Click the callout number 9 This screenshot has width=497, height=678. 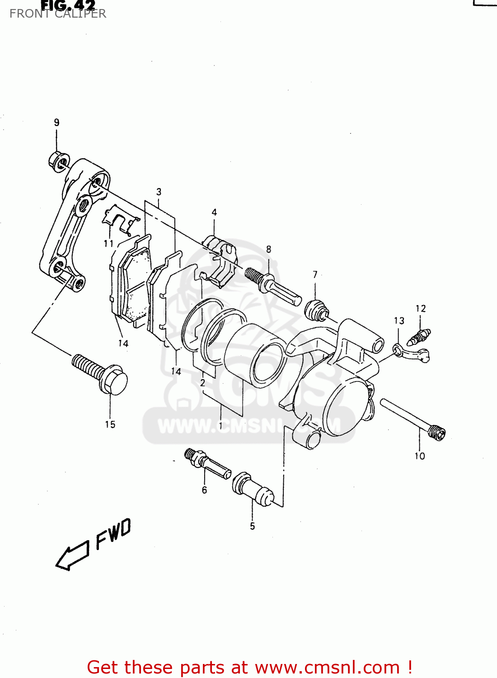tap(56, 122)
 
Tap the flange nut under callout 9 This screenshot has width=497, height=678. tap(58, 161)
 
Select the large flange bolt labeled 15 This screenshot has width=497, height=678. tap(100, 373)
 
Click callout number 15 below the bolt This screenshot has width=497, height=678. tap(110, 424)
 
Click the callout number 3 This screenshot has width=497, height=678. tap(159, 192)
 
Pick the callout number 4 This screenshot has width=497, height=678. tap(214, 212)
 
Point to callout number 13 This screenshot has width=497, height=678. tap(399, 321)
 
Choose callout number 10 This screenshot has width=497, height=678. tap(420, 456)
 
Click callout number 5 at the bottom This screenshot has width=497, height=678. tap(253, 526)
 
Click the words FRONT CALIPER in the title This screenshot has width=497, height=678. tap(58, 14)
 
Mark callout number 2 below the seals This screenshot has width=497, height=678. tap(203, 383)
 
